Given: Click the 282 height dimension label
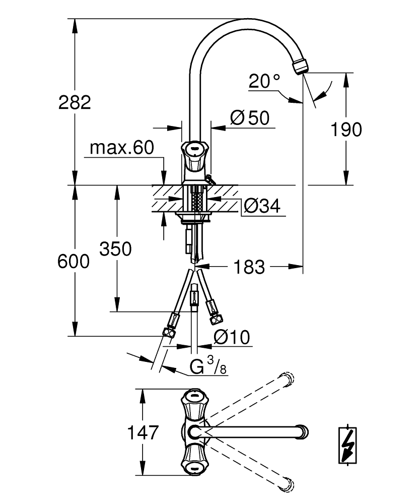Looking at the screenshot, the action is point(75,102).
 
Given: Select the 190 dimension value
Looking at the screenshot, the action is point(346,130).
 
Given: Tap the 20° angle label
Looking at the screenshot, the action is point(264,81).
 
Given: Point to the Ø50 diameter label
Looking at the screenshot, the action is point(250,117).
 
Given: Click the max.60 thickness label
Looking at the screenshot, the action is point(122,148).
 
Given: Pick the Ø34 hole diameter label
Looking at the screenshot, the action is point(262,206).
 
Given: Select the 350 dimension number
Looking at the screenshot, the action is point(115,249).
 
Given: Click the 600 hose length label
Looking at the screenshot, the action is point(74,261).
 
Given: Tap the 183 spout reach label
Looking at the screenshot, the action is point(249,267).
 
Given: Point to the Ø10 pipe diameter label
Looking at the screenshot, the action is point(232,338).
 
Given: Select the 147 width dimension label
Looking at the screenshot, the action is point(143,432).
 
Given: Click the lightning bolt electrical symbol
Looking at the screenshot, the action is point(348,445).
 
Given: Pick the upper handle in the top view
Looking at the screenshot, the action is point(194,405).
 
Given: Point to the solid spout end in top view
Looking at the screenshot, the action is point(303,432).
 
